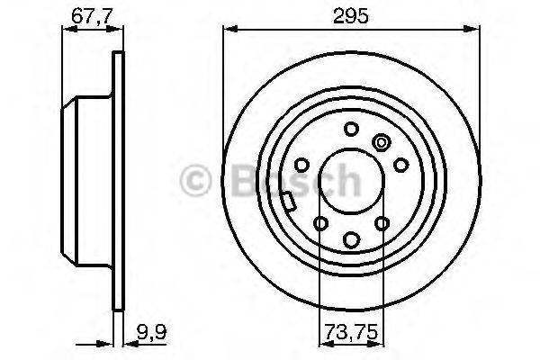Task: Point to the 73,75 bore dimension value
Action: pyautogui.click(x=351, y=330)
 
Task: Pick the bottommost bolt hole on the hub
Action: pyautogui.click(x=351, y=239)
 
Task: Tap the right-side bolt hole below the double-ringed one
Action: pyautogui.click(x=400, y=165)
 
